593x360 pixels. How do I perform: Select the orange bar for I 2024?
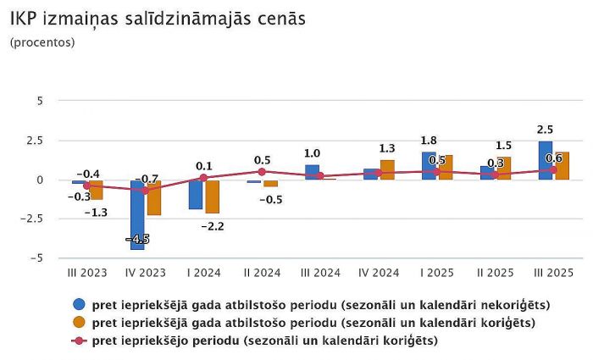[x=212, y=197]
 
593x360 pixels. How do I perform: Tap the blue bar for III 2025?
[x=545, y=160]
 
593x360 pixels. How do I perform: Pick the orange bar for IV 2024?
[x=387, y=169]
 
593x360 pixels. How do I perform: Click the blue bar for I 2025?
[x=429, y=166]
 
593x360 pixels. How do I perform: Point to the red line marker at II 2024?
[x=262, y=172]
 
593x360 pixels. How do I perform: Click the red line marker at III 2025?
[x=553, y=169]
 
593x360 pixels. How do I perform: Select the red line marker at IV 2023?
[x=145, y=191]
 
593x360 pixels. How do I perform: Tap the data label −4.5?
[x=138, y=239]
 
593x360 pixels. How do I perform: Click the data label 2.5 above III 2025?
[x=546, y=130]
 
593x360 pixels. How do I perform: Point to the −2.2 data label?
[x=212, y=226]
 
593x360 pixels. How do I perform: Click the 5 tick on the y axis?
[x=39, y=101]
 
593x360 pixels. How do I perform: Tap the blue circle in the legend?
[x=80, y=304]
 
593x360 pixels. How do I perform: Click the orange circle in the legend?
[x=80, y=322]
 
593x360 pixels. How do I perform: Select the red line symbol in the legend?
[x=80, y=341]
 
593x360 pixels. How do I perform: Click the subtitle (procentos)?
[x=42, y=42]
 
